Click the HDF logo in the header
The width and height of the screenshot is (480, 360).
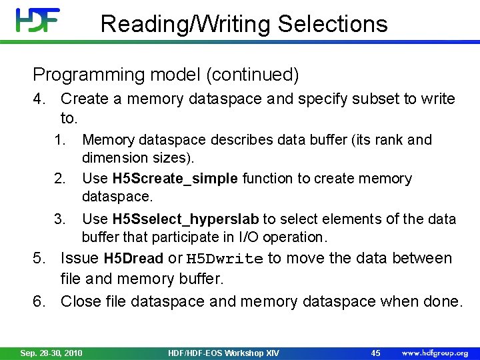pos(38,21)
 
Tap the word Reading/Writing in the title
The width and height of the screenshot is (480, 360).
pos(186,25)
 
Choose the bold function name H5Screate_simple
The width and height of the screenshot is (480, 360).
pos(175,179)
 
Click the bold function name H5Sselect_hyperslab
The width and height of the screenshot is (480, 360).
pos(186,219)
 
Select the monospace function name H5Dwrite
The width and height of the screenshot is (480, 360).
pos(225,259)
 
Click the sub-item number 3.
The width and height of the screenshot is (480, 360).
pos(61,219)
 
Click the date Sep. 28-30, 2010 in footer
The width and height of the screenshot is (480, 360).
pos(51,353)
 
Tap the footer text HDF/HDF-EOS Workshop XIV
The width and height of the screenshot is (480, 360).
pos(223,353)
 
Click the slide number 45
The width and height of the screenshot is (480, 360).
pos(375,353)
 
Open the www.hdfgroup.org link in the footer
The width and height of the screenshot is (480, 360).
pos(435,353)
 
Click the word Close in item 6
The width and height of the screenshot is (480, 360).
pos(81,302)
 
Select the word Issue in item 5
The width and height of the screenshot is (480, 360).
pos(80,259)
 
